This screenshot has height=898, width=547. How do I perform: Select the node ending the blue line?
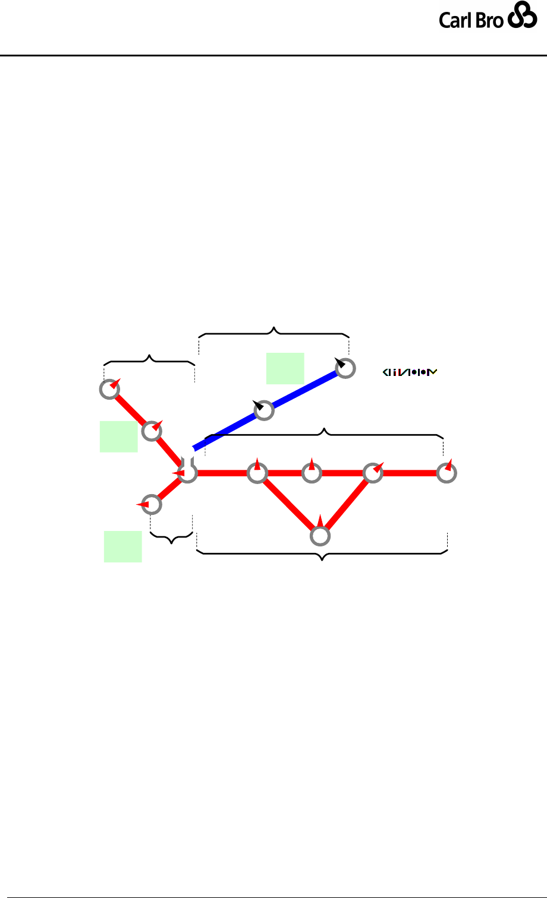[x=345, y=369]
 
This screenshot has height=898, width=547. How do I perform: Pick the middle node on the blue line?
[x=264, y=410]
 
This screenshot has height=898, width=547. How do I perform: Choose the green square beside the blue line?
[x=285, y=368]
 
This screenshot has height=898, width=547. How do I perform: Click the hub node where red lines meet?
[x=187, y=473]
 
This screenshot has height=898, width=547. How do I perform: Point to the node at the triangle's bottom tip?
[x=320, y=536]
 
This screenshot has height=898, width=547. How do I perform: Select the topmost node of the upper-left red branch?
[x=108, y=390]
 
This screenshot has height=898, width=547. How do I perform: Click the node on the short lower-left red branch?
[x=152, y=504]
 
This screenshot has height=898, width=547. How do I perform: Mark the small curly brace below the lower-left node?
[x=172, y=538]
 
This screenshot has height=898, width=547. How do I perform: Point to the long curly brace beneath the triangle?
[x=322, y=554]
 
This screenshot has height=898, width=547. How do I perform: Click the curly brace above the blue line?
[x=273, y=332]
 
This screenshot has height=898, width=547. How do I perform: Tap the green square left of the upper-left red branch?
[x=118, y=437]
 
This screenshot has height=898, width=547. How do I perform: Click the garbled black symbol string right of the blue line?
[x=410, y=373]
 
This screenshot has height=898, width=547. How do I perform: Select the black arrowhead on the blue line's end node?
[x=339, y=362]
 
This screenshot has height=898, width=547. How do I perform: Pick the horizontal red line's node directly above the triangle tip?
[x=312, y=473]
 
